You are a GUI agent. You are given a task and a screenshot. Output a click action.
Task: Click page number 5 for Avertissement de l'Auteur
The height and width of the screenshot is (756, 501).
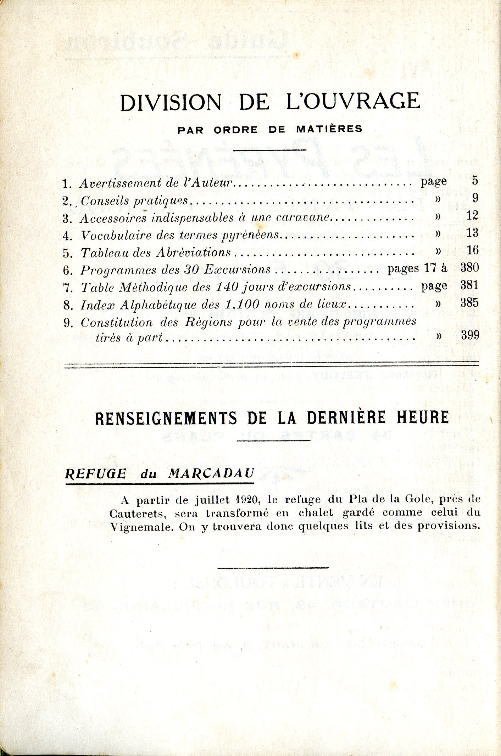pyautogui.click(x=475, y=181)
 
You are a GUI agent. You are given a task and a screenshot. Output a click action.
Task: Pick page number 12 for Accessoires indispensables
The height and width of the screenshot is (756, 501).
pyautogui.click(x=473, y=215)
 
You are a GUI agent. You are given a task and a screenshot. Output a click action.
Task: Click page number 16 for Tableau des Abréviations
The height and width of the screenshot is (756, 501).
pyautogui.click(x=473, y=250)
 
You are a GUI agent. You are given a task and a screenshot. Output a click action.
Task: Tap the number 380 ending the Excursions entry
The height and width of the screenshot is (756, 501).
pyautogui.click(x=469, y=268)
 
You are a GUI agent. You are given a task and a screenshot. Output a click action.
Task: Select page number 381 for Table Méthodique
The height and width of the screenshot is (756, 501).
pyautogui.click(x=469, y=285)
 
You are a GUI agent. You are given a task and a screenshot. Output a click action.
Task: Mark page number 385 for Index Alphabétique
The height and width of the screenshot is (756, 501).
pyautogui.click(x=469, y=303)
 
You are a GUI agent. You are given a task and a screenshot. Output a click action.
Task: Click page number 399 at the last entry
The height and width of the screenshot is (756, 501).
pyautogui.click(x=470, y=335)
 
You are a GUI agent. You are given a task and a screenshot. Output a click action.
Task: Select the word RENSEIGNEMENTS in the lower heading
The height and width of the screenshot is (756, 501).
pyautogui.click(x=166, y=418)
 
